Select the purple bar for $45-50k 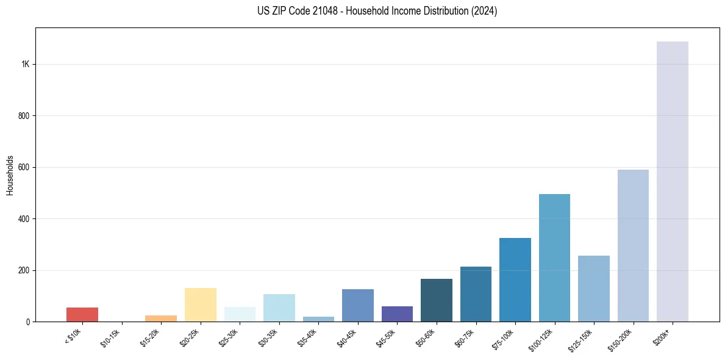pos(397,314)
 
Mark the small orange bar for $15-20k pos(161,318)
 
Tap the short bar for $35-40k pos(318,319)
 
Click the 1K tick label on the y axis pos(25,65)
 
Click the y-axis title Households pos(10,175)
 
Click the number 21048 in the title pos(316,11)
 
